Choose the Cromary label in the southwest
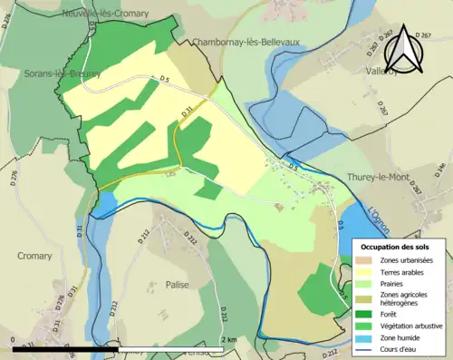34,256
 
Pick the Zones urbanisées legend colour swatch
367,260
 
